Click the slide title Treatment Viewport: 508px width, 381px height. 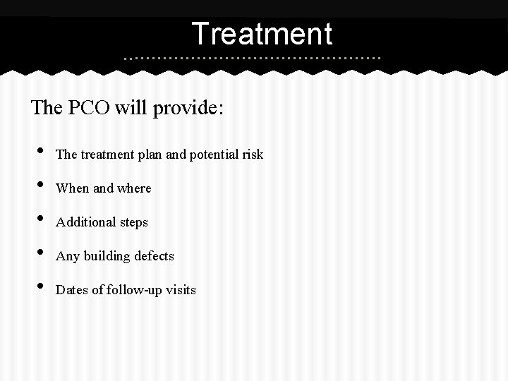(x=261, y=33)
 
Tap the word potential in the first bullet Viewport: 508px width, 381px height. (x=214, y=155)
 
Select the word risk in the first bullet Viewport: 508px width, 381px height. (x=253, y=154)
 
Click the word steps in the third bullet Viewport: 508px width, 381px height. (x=133, y=223)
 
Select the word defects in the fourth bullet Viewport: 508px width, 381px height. (x=154, y=255)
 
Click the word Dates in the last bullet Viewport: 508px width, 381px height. (x=71, y=289)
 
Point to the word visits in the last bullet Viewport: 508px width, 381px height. (x=181, y=289)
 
